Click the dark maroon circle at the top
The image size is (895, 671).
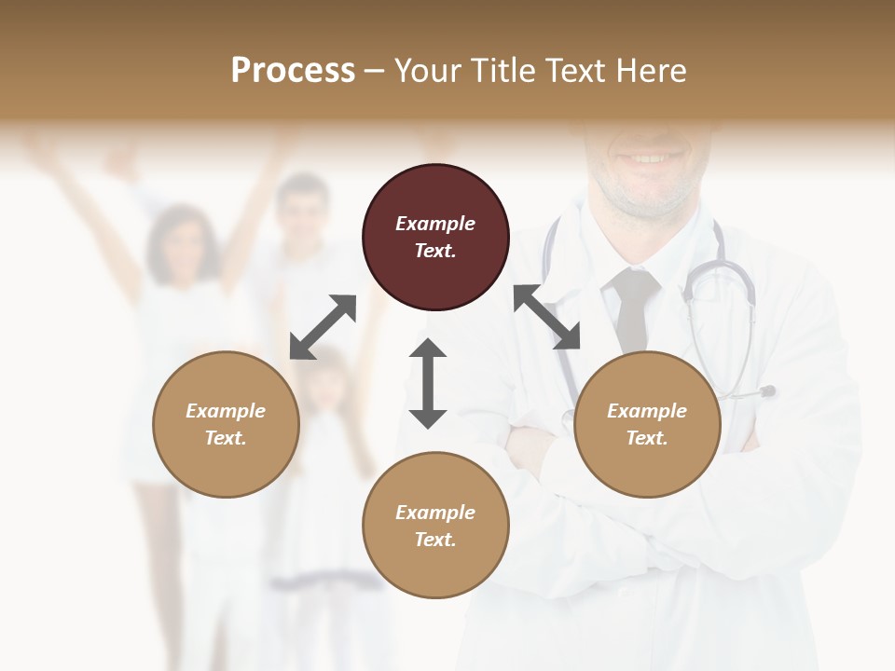[x=435, y=238]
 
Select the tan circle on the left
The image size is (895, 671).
[x=226, y=424]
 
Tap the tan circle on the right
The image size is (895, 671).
[x=647, y=424]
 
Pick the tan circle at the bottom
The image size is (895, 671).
[x=435, y=526]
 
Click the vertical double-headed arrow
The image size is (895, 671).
[x=428, y=383]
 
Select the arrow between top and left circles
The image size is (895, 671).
[x=324, y=326]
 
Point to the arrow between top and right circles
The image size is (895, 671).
[x=547, y=317]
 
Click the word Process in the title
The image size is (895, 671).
[x=293, y=71]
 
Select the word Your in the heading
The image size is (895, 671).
[x=428, y=71]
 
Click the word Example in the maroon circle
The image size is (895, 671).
[x=435, y=224]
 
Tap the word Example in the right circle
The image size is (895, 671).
[x=647, y=411]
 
